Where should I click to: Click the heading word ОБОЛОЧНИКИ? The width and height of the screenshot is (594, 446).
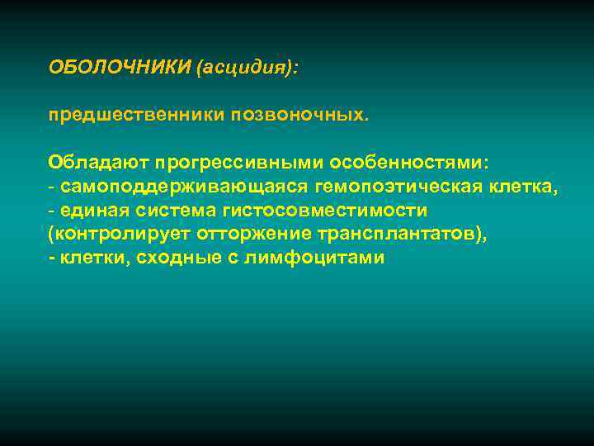(x=119, y=67)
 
